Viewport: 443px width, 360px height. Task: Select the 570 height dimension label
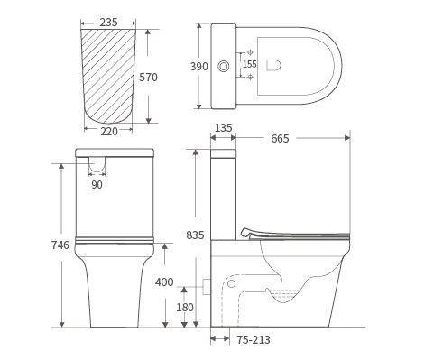(x=149, y=78)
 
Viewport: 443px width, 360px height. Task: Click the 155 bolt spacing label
(x=249, y=65)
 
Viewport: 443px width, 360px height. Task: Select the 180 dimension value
(x=184, y=308)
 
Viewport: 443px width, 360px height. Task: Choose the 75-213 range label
(x=252, y=340)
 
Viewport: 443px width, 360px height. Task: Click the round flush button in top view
(x=223, y=66)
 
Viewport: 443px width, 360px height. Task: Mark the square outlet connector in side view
(x=208, y=286)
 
